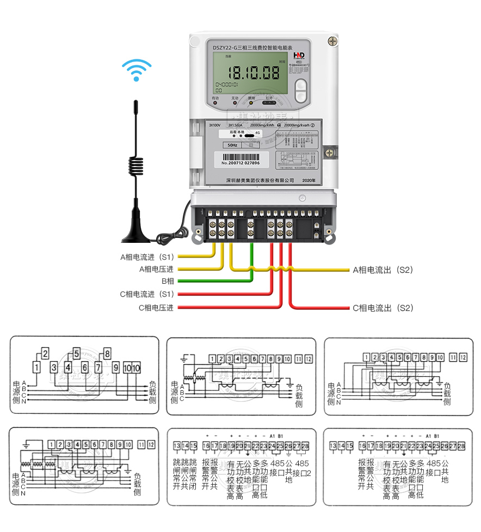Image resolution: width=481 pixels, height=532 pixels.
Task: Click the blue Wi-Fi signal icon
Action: pos(136,70)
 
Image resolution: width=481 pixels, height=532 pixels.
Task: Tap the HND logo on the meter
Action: pos(299,56)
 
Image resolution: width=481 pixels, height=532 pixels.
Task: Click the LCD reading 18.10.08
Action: pos(254,72)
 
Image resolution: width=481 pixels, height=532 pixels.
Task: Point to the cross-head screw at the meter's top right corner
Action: pos(332,41)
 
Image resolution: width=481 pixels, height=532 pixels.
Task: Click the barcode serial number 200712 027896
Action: pos(240,163)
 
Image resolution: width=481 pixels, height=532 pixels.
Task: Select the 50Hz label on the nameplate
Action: pos(233,145)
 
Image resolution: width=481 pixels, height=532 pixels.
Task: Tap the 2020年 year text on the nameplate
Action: pos(308,180)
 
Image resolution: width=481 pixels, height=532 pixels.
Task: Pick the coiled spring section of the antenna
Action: pos(135,166)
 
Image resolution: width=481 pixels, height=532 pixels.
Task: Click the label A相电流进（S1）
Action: pos(147,256)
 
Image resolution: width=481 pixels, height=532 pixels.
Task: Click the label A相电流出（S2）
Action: pos(383,270)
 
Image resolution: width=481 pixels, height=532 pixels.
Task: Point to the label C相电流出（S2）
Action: pos(383,308)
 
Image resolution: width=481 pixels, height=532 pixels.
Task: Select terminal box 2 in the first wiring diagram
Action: pos(45,353)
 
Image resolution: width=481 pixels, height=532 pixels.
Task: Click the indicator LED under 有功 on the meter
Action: pos(215,103)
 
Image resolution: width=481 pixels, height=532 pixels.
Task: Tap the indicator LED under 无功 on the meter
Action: pos(235,103)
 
